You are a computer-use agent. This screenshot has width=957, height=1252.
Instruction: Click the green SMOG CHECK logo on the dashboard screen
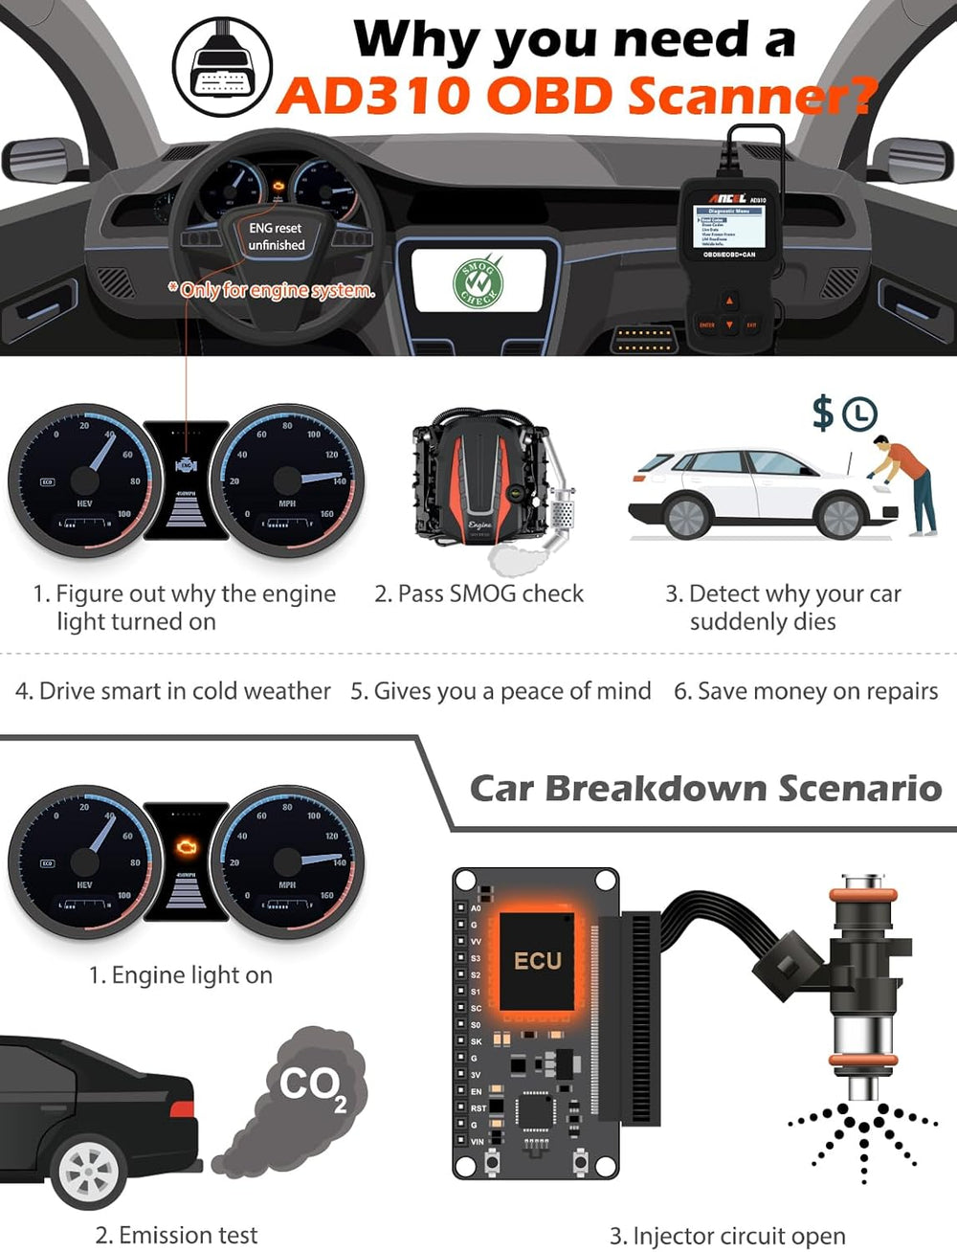tap(478, 279)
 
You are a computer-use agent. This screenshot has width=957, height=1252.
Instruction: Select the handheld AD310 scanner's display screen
tap(729, 226)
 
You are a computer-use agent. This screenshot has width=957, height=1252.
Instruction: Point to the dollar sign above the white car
tap(822, 413)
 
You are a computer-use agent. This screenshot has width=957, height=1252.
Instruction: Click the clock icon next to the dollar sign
tap(859, 414)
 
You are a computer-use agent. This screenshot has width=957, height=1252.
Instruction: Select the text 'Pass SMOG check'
tap(478, 593)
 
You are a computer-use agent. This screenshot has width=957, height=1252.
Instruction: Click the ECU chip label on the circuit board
tap(538, 960)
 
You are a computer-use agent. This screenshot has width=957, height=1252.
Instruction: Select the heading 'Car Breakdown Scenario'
tap(705, 788)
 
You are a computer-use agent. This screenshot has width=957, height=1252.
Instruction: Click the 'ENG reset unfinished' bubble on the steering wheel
tap(276, 236)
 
